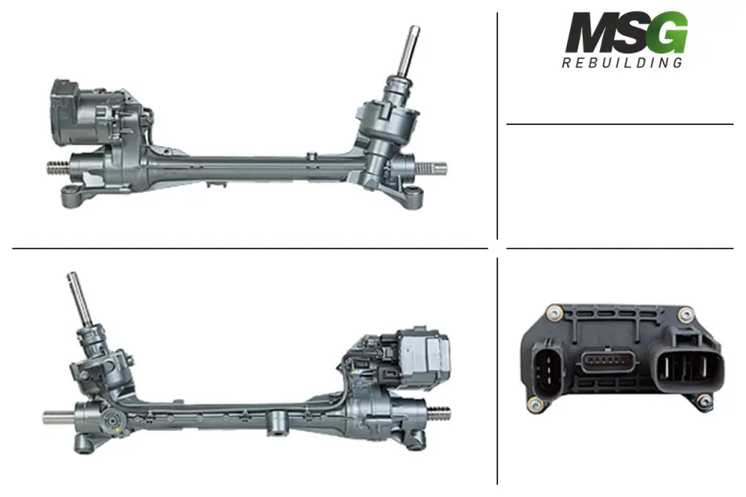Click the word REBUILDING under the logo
click(x=622, y=63)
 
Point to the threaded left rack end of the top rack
click(x=58, y=168)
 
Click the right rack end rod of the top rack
click(x=432, y=168)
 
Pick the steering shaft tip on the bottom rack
click(x=72, y=276)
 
